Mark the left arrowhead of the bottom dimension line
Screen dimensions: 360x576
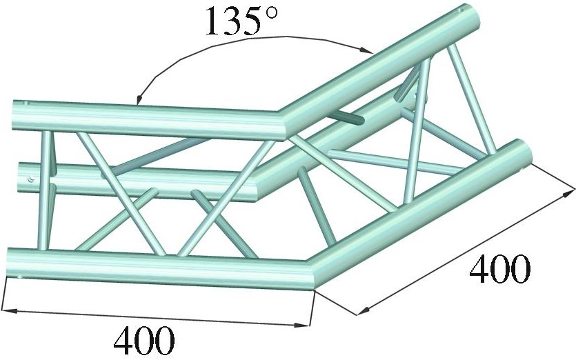click(x=8, y=308)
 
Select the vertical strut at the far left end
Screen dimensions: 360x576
click(x=47, y=190)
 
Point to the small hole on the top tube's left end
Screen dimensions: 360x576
click(x=28, y=104)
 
